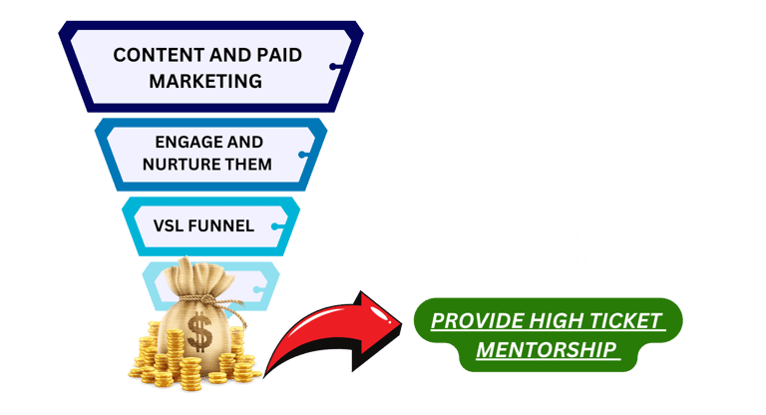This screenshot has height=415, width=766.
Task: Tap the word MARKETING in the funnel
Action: coord(205,80)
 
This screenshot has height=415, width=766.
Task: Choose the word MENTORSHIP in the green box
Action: coord(546,350)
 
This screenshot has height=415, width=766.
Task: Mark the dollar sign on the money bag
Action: coord(201,332)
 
